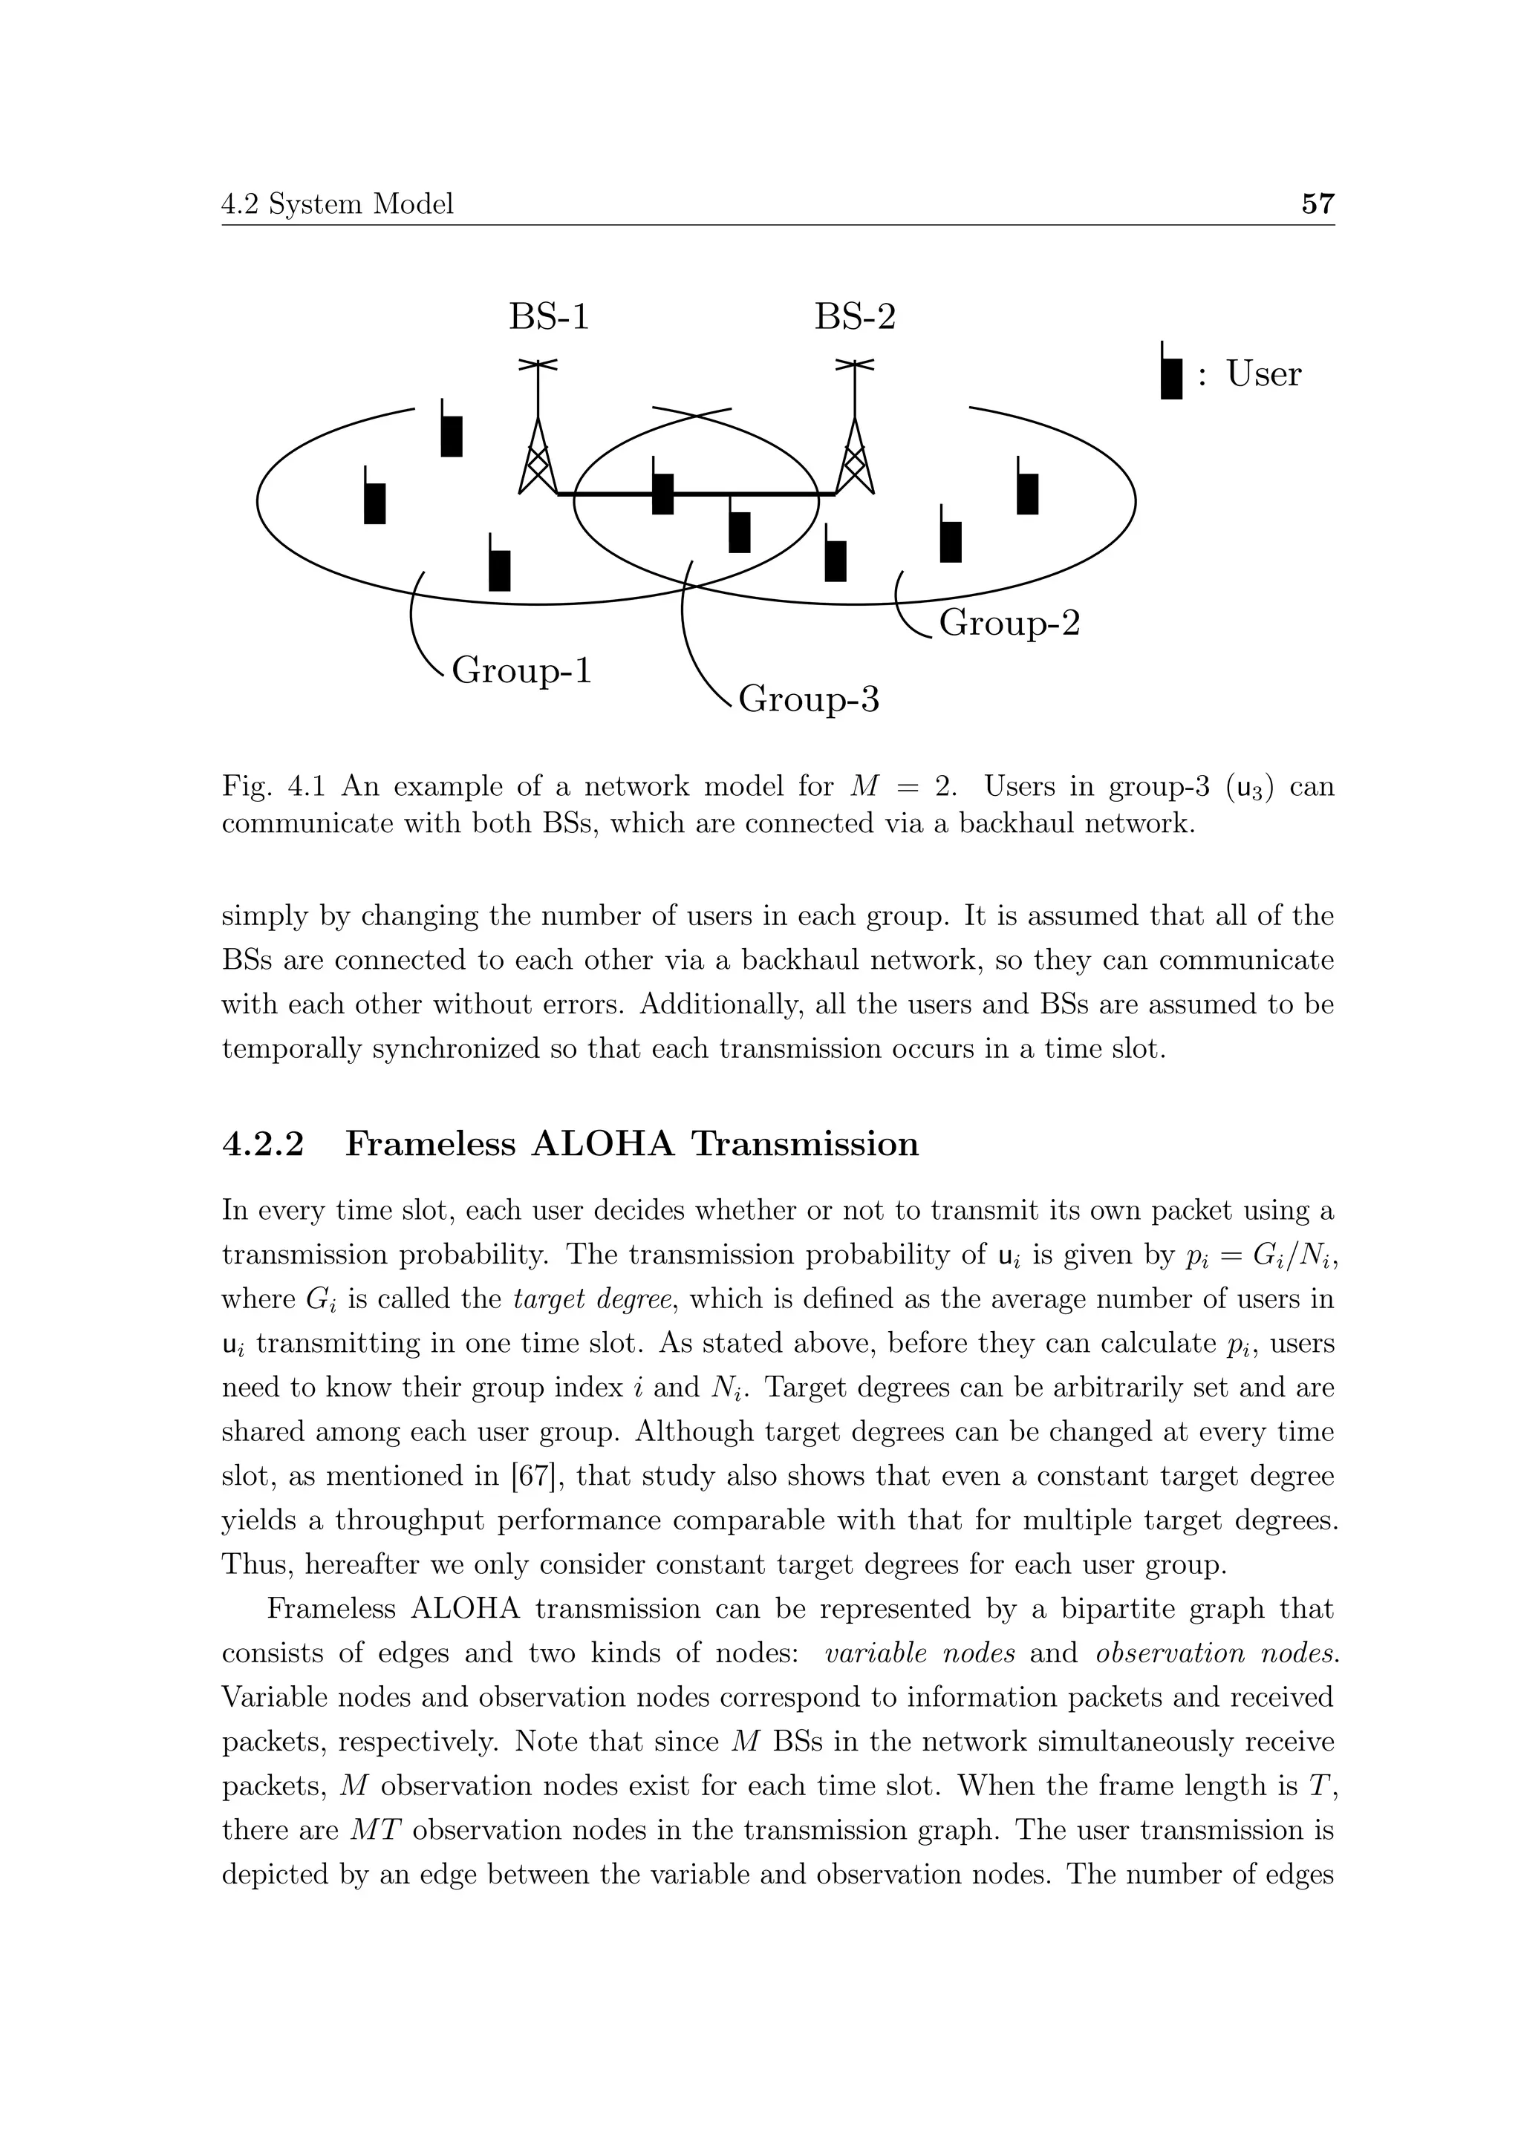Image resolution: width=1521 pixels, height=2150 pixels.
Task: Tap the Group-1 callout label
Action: (x=521, y=670)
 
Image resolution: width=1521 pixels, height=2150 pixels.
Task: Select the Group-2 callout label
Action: (x=1009, y=623)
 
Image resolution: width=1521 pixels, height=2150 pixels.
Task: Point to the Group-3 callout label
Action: (x=808, y=699)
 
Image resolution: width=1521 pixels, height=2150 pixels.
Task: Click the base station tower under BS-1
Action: (x=538, y=440)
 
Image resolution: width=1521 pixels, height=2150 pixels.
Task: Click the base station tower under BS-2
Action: (x=854, y=440)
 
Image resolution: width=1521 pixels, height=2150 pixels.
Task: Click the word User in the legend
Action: (x=1263, y=373)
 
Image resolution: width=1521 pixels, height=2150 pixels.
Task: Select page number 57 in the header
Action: (x=1318, y=203)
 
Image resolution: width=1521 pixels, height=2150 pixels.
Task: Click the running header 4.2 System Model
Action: (x=337, y=203)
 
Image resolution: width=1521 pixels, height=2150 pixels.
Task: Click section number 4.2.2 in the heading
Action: (x=263, y=1144)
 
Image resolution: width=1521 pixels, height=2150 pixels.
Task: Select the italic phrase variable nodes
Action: (x=919, y=1653)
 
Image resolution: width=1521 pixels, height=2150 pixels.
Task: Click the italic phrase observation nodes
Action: (x=1217, y=1653)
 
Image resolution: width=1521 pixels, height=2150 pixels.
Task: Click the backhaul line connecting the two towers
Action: (x=609, y=494)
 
